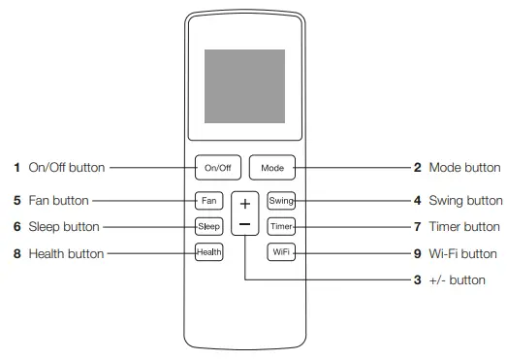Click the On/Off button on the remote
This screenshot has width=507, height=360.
click(x=217, y=168)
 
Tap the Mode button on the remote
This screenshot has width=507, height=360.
click(x=271, y=168)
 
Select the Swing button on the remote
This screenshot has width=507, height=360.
click(x=281, y=201)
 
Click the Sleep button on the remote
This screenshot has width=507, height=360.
click(x=208, y=226)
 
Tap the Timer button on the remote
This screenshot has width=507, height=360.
click(x=281, y=226)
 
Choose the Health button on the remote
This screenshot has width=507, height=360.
click(x=208, y=252)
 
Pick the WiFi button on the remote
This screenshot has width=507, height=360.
click(x=281, y=252)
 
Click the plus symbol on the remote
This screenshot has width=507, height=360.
click(x=245, y=205)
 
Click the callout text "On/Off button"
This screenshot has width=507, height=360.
click(x=66, y=168)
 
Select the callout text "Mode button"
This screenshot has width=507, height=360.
click(x=466, y=168)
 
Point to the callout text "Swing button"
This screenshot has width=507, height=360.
click(x=465, y=201)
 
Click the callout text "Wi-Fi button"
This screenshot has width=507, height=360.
click(x=465, y=254)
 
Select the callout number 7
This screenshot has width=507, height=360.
click(x=418, y=227)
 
